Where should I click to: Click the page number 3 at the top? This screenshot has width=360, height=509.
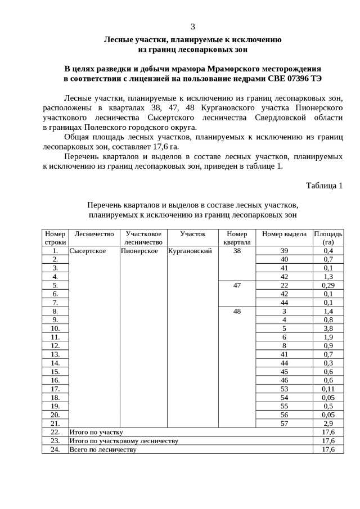point(193,27)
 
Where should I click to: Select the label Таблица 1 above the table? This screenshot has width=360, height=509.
point(324,185)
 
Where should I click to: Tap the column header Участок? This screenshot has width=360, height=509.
point(193,234)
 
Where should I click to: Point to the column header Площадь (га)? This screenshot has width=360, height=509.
point(328,238)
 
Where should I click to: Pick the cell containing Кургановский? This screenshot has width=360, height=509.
point(190,251)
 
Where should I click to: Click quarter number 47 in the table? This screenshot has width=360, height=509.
point(237,285)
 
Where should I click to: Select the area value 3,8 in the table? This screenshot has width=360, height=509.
point(328,328)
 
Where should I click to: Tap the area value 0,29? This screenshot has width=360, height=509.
point(328,285)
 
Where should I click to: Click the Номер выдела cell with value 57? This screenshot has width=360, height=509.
point(284,423)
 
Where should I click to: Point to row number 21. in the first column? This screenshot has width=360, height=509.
point(55,423)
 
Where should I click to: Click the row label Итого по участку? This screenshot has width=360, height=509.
point(96,432)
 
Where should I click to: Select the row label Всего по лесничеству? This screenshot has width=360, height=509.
point(102,449)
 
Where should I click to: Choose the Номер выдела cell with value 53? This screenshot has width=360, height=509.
point(284,389)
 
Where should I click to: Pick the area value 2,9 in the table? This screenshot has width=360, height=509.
point(328,423)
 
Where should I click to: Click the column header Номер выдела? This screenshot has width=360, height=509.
point(284,234)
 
